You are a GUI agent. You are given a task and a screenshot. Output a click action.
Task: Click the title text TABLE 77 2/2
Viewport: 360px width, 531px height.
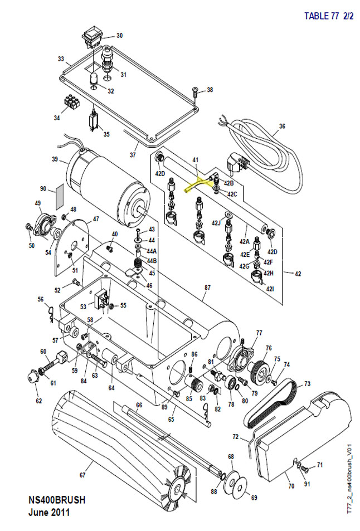(x=328, y=16)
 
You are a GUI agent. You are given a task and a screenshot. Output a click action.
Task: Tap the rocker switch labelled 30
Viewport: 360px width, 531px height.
(x=91, y=38)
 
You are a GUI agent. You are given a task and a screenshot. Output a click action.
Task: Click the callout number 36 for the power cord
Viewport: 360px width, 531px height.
(x=282, y=126)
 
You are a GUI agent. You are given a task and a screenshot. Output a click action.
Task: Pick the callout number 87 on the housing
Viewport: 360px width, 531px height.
(x=208, y=288)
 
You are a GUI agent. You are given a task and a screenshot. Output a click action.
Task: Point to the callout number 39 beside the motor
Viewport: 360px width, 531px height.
(x=55, y=159)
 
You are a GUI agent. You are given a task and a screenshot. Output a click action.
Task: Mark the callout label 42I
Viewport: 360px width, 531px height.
(x=270, y=289)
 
